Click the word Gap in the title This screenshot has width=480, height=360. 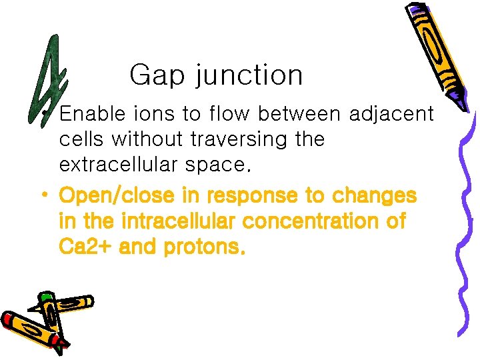[158, 75]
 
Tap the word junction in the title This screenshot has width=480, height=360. [249, 76]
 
